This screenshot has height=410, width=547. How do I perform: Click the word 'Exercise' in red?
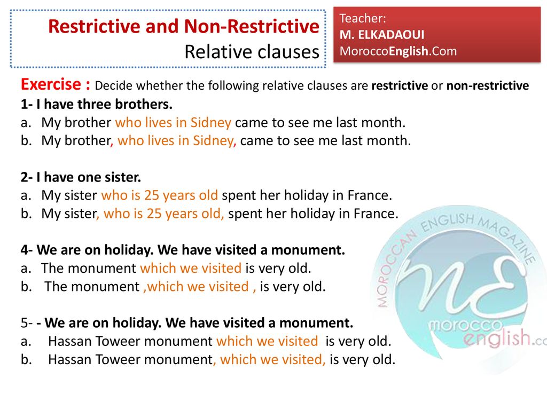tap(51, 85)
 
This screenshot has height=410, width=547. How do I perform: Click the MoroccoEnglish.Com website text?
tap(398, 51)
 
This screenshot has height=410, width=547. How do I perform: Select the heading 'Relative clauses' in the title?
tap(251, 52)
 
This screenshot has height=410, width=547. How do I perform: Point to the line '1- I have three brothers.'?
tap(97, 104)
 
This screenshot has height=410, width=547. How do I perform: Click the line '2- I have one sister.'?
tap(81, 177)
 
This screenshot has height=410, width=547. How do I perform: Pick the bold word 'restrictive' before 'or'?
tap(400, 85)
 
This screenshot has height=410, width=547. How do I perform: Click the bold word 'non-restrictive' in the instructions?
tap(488, 85)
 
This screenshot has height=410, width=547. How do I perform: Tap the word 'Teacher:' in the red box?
tap(363, 19)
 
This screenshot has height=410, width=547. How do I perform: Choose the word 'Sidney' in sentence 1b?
tap(213, 140)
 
